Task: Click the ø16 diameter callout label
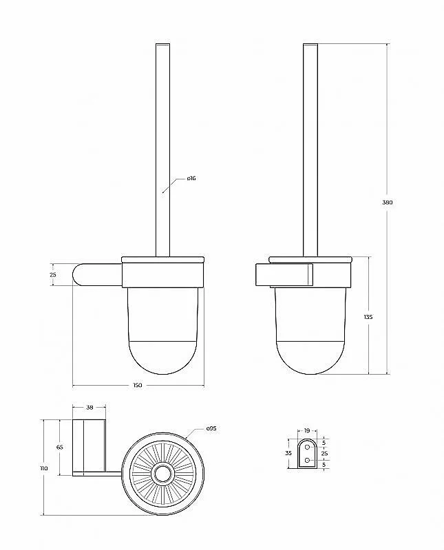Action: click(191, 178)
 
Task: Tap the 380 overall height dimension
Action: click(387, 202)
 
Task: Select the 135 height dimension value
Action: click(368, 317)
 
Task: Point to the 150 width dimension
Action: click(138, 385)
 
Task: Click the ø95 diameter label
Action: click(211, 428)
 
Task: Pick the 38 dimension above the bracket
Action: click(89, 407)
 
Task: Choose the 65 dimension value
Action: click(59, 448)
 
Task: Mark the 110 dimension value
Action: click(44, 468)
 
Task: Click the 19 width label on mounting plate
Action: click(307, 431)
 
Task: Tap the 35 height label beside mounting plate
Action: click(288, 453)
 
